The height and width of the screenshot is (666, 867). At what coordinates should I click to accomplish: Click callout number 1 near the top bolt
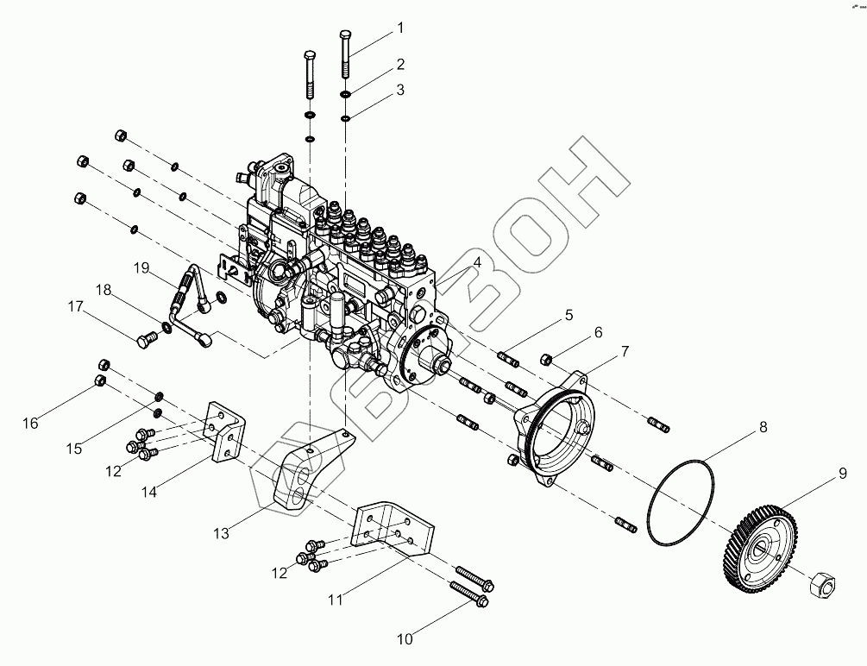(400, 28)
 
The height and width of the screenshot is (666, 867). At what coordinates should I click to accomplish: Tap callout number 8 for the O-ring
(763, 426)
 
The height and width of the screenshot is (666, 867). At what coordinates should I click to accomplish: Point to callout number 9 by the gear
(842, 473)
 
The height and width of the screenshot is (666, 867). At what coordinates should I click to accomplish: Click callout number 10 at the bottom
(405, 639)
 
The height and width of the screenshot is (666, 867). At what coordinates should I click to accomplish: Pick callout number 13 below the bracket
(222, 534)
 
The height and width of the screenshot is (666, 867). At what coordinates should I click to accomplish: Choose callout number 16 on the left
(31, 423)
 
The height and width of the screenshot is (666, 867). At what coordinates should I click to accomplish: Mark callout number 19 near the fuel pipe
(142, 267)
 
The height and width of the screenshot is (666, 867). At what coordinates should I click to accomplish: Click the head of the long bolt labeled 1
(345, 35)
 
